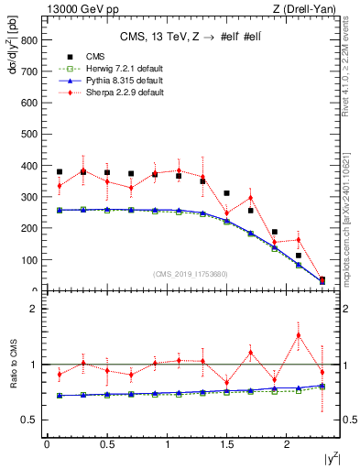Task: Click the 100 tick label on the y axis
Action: tap(28, 260)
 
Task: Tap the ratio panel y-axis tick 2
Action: tap(32, 309)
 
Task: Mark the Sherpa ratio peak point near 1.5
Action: tap(298, 335)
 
